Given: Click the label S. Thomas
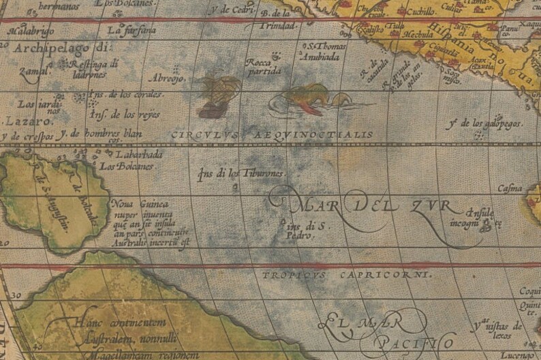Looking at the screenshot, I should (x=324, y=47).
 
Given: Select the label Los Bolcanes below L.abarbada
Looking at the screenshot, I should (x=125, y=165).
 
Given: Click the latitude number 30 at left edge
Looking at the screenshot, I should (x=17, y=296).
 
